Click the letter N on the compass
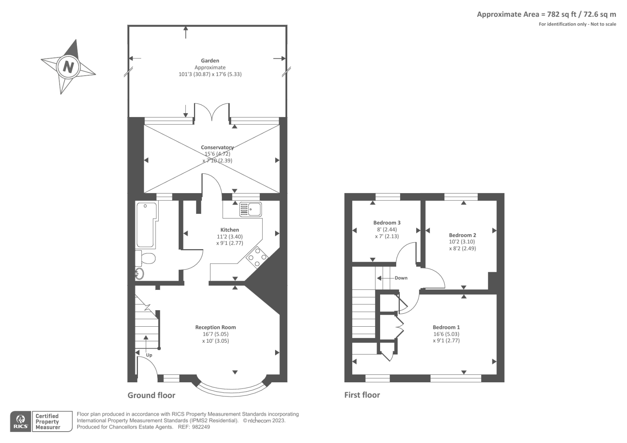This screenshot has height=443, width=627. (69, 67)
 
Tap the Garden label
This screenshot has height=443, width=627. (210, 61)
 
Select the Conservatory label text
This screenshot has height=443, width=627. (217, 148)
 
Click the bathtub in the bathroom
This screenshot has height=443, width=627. (146, 225)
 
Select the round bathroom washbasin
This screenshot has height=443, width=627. (140, 274)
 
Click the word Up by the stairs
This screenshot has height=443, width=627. (149, 355)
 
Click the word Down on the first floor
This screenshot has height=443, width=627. (401, 278)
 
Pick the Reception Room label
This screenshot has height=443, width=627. (216, 327)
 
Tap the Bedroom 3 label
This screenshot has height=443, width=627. (387, 223)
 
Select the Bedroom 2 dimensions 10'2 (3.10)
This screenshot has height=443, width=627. (462, 242)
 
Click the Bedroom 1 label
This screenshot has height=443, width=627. (446, 327)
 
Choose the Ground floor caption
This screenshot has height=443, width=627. (151, 395)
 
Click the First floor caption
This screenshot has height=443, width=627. (362, 395)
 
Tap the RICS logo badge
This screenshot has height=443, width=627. (21, 421)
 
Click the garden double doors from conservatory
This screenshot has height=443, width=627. (212, 112)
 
